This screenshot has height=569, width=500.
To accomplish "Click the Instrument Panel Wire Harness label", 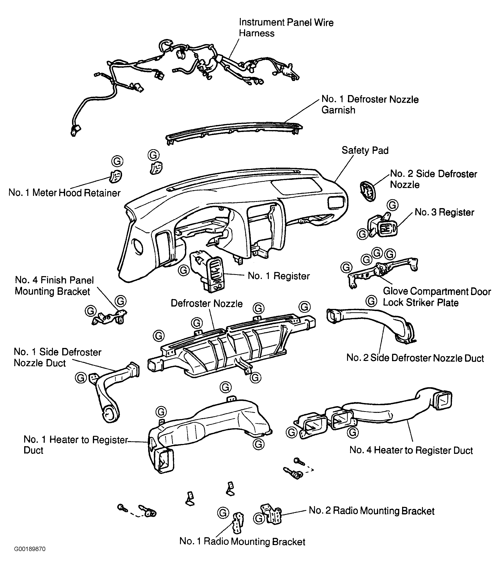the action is click(286, 28).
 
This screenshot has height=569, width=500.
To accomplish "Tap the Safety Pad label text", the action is click(365, 150).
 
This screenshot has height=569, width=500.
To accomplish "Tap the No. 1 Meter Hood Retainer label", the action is click(65, 193).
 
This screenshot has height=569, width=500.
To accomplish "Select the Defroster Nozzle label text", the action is click(207, 303).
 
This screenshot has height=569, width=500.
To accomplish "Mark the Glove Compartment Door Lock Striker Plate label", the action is click(437, 297).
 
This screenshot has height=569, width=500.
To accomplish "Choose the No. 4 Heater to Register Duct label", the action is click(411, 450).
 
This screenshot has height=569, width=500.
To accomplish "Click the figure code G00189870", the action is click(30, 557).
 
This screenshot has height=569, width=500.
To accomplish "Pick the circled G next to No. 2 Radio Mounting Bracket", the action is click(259, 518).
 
